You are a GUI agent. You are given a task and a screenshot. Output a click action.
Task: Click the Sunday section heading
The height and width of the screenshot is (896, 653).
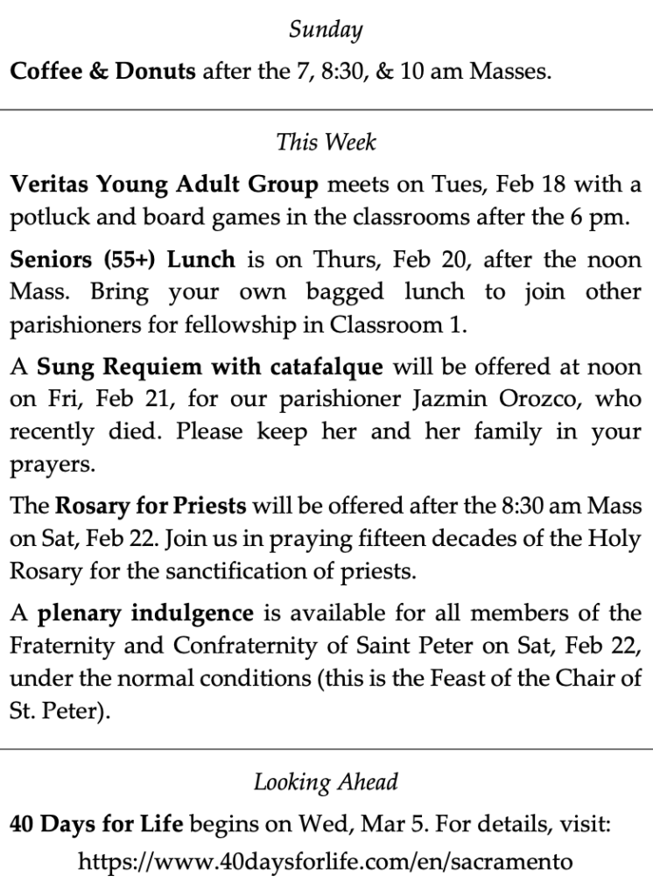(326, 31)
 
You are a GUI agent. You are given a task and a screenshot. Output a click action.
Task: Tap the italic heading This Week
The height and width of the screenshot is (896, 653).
(326, 141)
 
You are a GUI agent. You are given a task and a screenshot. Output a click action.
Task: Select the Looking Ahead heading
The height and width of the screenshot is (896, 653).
(326, 781)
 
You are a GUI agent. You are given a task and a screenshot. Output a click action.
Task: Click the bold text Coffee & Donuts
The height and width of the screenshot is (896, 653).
(102, 71)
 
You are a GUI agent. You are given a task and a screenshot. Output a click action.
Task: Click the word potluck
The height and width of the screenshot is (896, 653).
(42, 218)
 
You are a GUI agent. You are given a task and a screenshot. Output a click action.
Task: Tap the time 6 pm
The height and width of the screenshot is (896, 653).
(600, 218)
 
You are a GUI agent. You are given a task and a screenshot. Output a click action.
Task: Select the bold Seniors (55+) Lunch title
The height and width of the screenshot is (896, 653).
(123, 259)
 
